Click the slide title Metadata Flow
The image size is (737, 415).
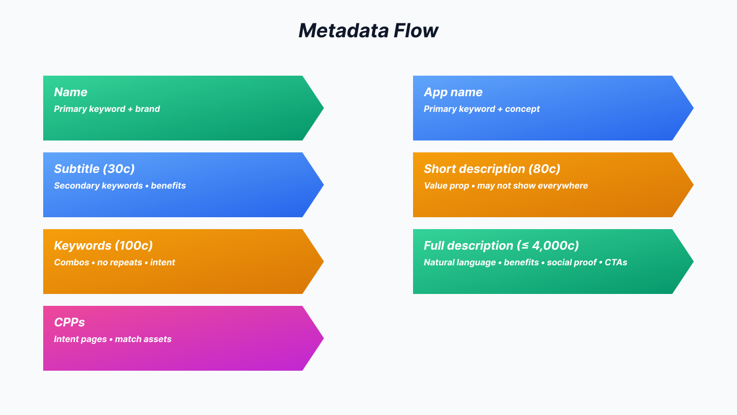[368, 30]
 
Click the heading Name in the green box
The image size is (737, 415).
[70, 92]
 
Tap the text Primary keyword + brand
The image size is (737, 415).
[107, 109]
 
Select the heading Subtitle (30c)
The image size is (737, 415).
[94, 169]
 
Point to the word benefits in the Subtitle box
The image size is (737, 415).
[168, 186]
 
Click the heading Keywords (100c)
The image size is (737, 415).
[103, 246]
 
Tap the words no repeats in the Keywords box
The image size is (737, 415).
[119, 263]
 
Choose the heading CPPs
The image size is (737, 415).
[69, 323]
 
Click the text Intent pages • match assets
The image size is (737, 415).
[112, 339]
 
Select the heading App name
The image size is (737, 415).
[453, 92]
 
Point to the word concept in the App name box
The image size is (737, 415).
[522, 109]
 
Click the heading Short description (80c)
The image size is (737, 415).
[492, 169]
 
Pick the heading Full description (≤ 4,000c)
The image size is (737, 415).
[501, 246]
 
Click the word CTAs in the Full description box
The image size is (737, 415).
[616, 263]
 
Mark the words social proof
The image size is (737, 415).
[571, 263]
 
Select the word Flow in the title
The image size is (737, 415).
[415, 30]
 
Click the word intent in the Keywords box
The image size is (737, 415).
[163, 263]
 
